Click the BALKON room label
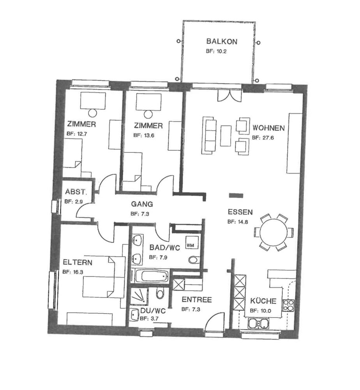pyautogui.click(x=222, y=41)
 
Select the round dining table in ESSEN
pyautogui.click(x=274, y=232)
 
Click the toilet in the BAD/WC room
pyautogui.click(x=194, y=260)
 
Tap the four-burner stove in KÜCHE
pyautogui.click(x=288, y=305)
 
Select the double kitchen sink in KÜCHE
pyautogui.click(x=258, y=324)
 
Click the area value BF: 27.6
pyautogui.click(x=263, y=138)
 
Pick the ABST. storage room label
pyautogui.click(x=76, y=192)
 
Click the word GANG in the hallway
pyautogui.click(x=142, y=204)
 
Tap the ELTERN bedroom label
pyautogui.click(x=78, y=262)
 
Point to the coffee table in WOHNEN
pyautogui.click(x=226, y=136)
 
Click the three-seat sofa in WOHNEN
pyautogui.click(x=209, y=135)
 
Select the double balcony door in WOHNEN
pyautogui.click(x=229, y=96)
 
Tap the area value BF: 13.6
pyautogui.click(x=144, y=135)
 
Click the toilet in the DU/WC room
pyautogui.click(x=160, y=293)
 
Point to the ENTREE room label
pyautogui.click(x=196, y=300)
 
